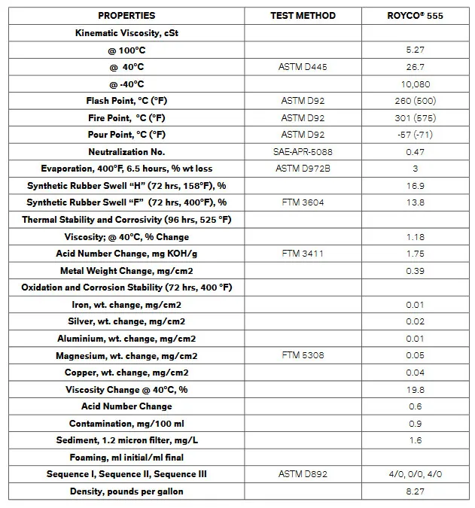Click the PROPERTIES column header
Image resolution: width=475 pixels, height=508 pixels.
click(x=126, y=15)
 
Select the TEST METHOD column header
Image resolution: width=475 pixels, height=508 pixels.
click(x=303, y=15)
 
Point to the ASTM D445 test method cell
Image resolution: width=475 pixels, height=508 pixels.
click(x=303, y=67)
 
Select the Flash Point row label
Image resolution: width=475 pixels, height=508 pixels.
click(x=126, y=101)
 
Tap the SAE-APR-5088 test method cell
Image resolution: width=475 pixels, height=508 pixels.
click(x=303, y=152)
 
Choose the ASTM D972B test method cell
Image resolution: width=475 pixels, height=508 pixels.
click(x=303, y=169)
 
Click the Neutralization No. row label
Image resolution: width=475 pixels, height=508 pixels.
click(x=126, y=152)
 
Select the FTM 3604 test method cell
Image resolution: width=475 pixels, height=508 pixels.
click(x=303, y=202)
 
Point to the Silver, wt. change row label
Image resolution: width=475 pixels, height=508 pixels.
click(x=126, y=321)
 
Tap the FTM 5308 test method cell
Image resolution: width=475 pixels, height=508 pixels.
click(x=303, y=355)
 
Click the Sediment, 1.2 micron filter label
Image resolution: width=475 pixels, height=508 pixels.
click(x=126, y=440)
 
